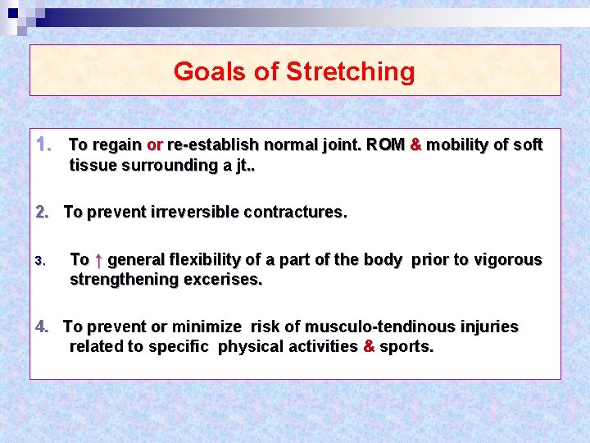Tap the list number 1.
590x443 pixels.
pos(44,144)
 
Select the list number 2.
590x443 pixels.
pos(43,212)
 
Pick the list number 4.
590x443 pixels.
pos(43,327)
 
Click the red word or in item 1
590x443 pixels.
pos(154,145)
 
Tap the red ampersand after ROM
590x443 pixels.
pos(415,144)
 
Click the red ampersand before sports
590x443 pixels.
pos(368,346)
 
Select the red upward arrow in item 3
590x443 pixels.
pos(98,260)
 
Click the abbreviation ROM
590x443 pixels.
pos(385,145)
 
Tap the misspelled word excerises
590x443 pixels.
pos(223,280)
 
